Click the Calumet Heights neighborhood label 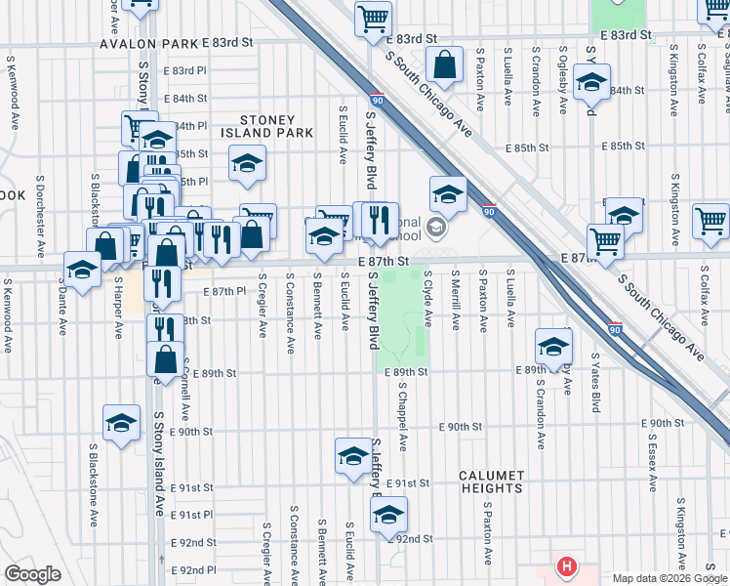click(492, 481)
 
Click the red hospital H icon click(565, 566)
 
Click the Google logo click(32, 574)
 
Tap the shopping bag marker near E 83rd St click(445, 66)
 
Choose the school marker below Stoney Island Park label click(248, 163)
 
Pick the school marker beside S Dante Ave click(82, 269)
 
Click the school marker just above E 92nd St click(388, 515)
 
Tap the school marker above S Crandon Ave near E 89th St click(553, 346)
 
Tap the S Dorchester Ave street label click(40, 217)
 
